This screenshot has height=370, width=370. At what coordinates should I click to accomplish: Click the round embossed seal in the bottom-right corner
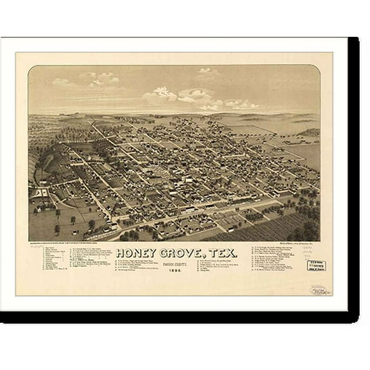coord(317,290)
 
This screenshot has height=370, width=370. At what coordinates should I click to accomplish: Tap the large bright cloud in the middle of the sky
coord(194,95)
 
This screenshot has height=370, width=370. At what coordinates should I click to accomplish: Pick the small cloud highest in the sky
coord(205,70)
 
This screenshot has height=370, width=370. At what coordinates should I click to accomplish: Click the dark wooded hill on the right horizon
coord(309,132)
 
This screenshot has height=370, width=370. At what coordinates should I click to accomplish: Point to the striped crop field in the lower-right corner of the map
coord(284,228)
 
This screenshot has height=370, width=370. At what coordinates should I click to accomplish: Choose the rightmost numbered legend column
coord(258,262)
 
